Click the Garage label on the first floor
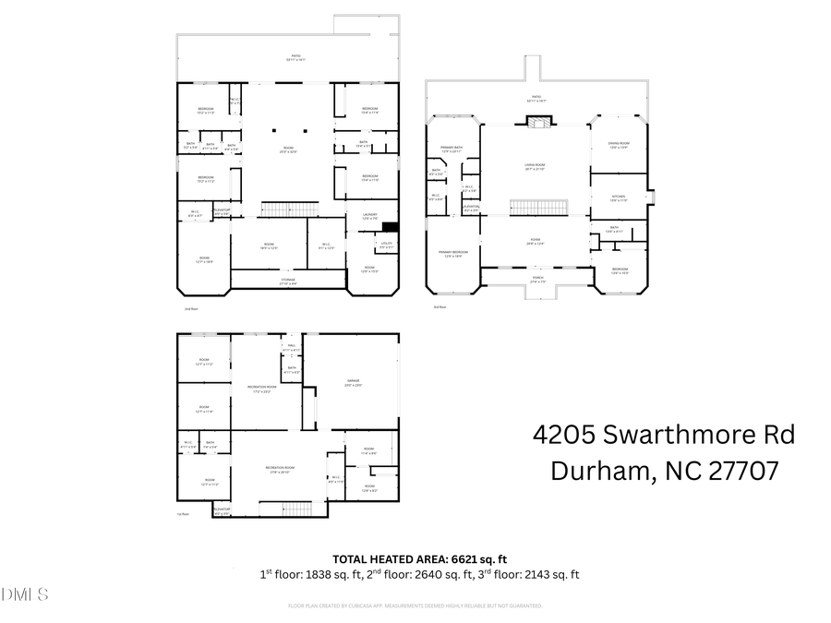[353, 382]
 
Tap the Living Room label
[535, 165]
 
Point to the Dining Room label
[619, 143]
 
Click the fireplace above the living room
[536, 121]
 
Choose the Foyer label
[535, 241]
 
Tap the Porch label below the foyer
[536, 280]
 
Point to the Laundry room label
[369, 215]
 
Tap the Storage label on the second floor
[288, 281]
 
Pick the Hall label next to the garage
[291, 347]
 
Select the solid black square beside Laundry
[389, 227]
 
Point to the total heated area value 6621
[466, 558]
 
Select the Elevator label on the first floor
[222, 509]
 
